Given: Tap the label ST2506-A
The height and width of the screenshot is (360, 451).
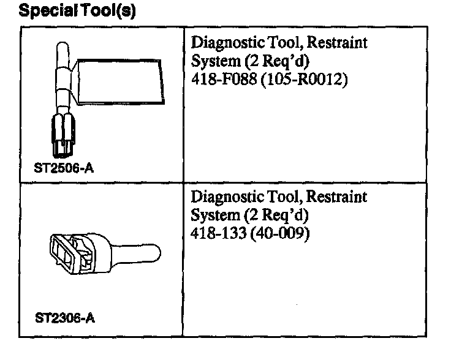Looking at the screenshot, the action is [60, 171].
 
